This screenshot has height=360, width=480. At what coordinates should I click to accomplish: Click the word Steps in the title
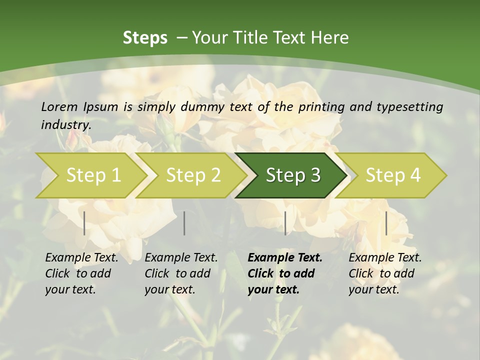pos(145,37)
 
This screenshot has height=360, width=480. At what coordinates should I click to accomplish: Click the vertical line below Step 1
pos(84,223)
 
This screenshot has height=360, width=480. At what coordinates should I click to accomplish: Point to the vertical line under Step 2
pos(184,223)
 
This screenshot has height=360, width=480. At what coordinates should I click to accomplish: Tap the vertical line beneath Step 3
pos(285,223)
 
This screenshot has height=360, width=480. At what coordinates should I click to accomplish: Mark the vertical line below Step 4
pos(386,223)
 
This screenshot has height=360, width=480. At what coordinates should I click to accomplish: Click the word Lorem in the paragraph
pos(59,106)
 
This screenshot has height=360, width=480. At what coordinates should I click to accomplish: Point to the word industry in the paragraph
pos(66,125)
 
